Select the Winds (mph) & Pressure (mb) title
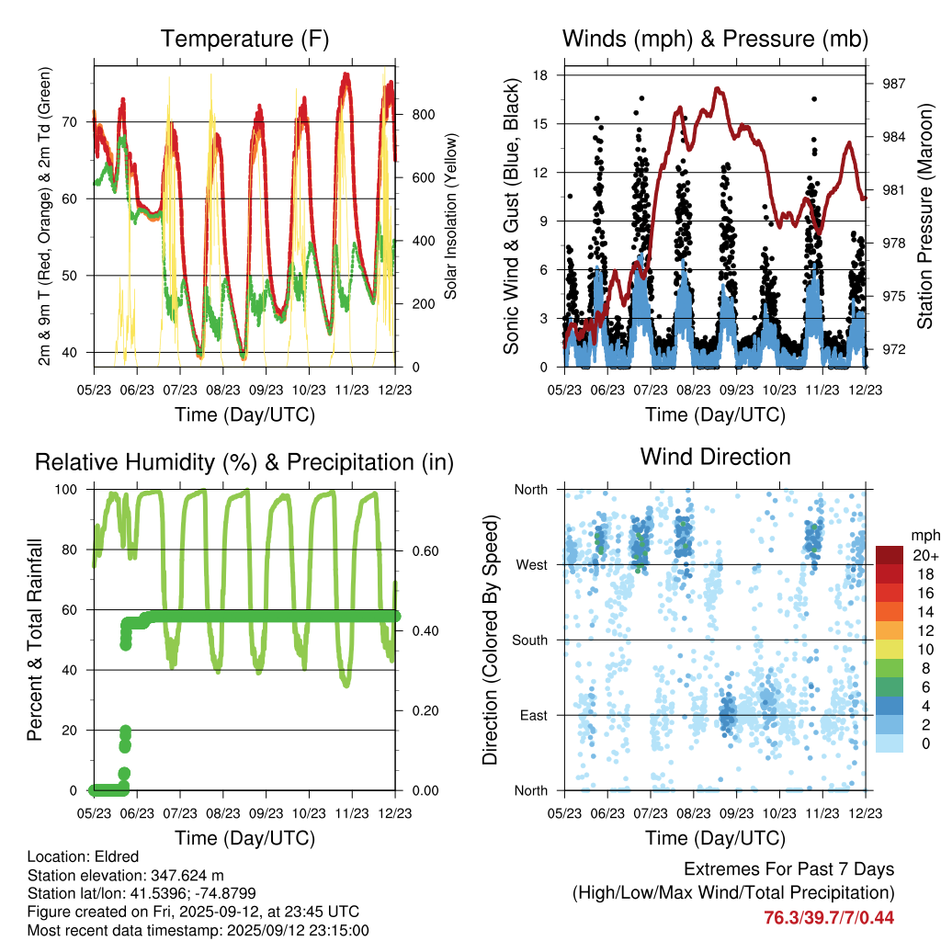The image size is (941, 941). pyautogui.click(x=715, y=40)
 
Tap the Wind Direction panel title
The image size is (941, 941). pyautogui.click(x=715, y=457)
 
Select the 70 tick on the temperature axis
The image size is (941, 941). pyautogui.click(x=78, y=121)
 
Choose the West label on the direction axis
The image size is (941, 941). pyautogui.click(x=530, y=564)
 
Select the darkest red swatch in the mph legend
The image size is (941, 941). pyautogui.click(x=889, y=554)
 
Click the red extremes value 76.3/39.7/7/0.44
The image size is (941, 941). pyautogui.click(x=829, y=917)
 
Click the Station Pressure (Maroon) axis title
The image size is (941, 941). pyautogui.click(x=924, y=217)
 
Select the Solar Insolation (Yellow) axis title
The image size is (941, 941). pyautogui.click(x=451, y=217)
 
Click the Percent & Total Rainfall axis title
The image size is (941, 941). pyautogui.click(x=36, y=640)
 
